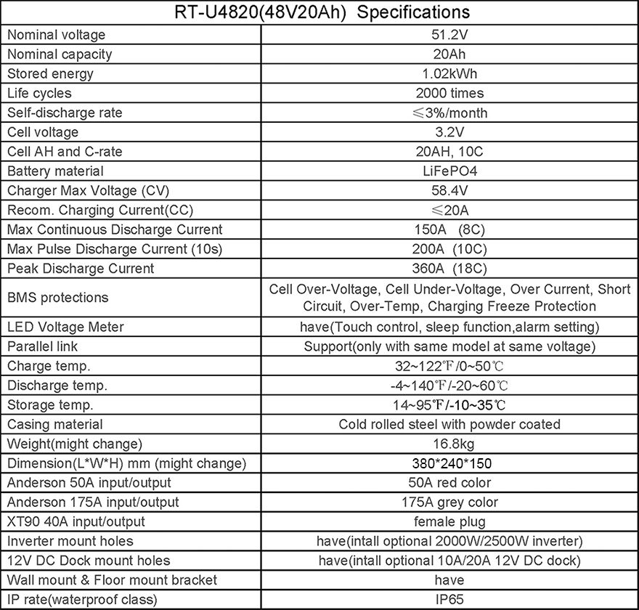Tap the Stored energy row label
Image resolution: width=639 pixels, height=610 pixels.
pyautogui.click(x=50, y=73)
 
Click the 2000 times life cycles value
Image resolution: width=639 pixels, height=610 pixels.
pyautogui.click(x=449, y=93)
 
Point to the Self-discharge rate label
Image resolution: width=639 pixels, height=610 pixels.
pyautogui.click(x=65, y=113)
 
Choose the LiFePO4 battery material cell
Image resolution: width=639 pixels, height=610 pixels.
pyautogui.click(x=449, y=171)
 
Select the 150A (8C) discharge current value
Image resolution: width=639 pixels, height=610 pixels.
pyautogui.click(x=449, y=229)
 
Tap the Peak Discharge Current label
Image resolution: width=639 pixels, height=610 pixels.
pyautogui.click(x=80, y=269)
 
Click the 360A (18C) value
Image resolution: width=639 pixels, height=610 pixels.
pyautogui.click(x=449, y=269)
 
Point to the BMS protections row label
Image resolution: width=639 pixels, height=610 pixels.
pyautogui.click(x=57, y=298)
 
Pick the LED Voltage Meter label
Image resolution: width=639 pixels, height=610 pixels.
pyautogui.click(x=65, y=327)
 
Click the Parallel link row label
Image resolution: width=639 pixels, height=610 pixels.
pyautogui.click(x=42, y=346)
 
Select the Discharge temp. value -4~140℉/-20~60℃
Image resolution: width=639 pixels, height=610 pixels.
pyautogui.click(x=449, y=386)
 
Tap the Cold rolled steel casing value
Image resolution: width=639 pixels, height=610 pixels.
pyautogui.click(x=449, y=424)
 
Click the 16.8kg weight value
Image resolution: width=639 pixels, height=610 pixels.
pyautogui.click(x=449, y=444)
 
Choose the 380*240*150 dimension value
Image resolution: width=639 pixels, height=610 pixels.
pyautogui.click(x=449, y=463)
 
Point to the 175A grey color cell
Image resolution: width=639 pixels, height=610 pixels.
pyautogui.click(x=449, y=503)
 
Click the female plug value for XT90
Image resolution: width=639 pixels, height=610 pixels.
pyautogui.click(x=449, y=521)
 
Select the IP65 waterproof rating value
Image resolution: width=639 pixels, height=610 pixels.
pyautogui.click(x=449, y=600)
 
